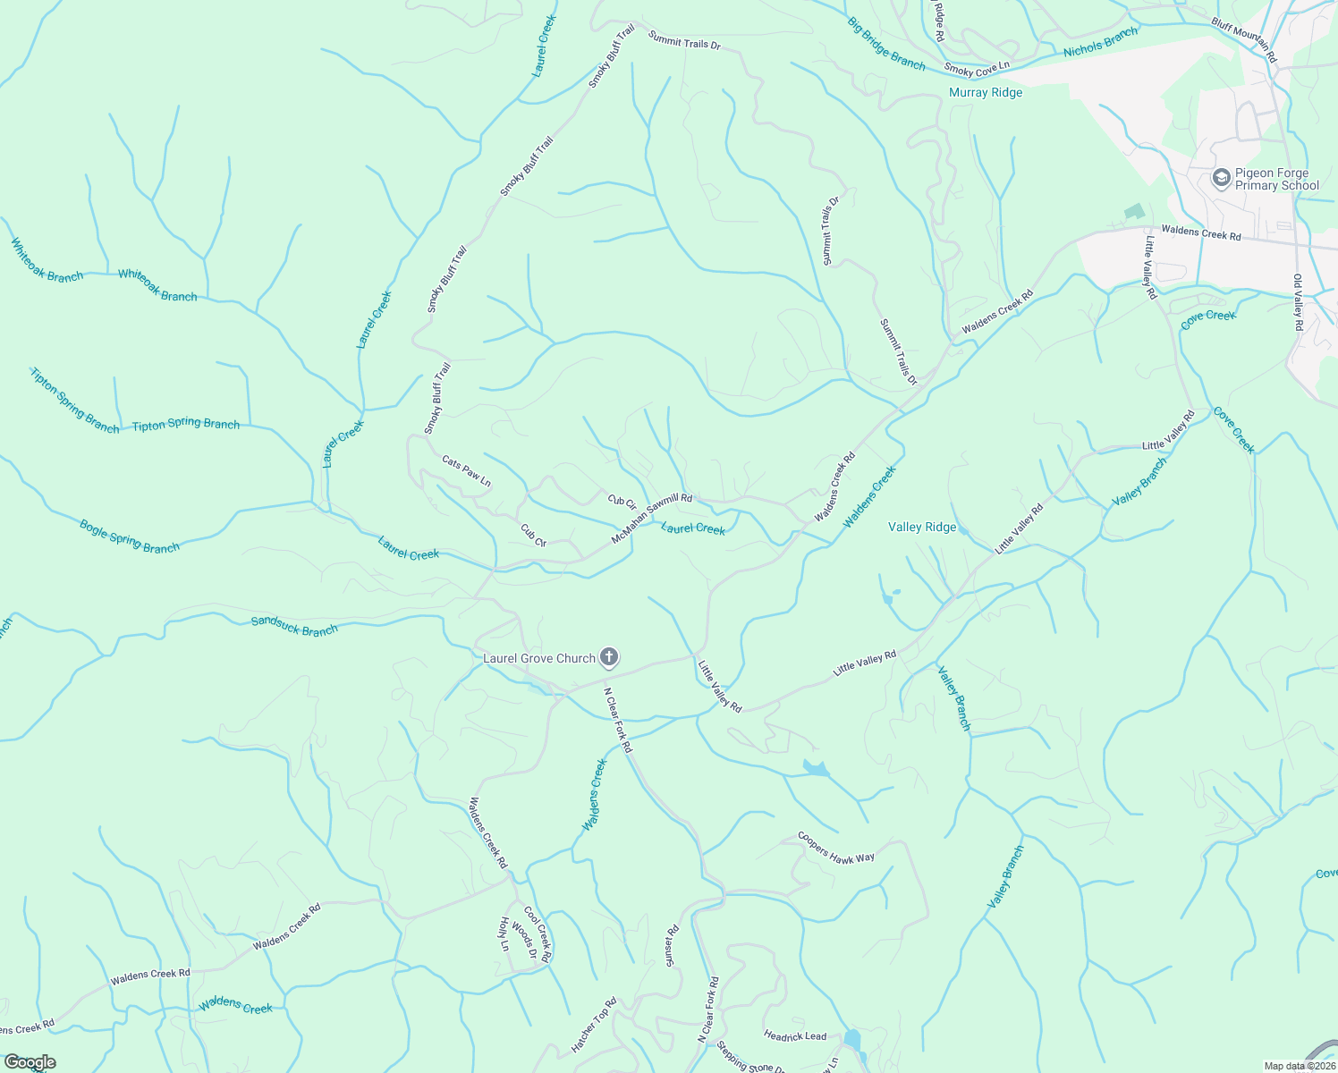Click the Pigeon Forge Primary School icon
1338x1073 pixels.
pos(1221,179)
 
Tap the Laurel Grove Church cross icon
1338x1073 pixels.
pos(608,659)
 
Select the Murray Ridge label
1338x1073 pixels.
pos(986,92)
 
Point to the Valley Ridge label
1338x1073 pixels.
pos(922,527)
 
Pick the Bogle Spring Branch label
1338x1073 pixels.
pos(130,536)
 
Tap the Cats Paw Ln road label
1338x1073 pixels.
pos(466,471)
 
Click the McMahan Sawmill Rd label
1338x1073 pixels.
pos(652,519)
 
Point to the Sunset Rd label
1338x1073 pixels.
pos(671,946)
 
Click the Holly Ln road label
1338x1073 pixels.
pos(504,934)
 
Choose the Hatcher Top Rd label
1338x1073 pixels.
pos(595,1024)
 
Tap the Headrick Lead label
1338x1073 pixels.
pos(795,1035)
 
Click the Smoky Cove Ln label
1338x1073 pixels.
pos(977,67)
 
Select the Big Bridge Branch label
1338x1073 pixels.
pos(886,43)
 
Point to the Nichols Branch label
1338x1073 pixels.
pos(1101,42)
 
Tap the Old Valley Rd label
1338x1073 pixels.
pos(1298,302)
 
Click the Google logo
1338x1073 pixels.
pos(30,1062)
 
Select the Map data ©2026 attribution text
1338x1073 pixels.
pos(1299,1066)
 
